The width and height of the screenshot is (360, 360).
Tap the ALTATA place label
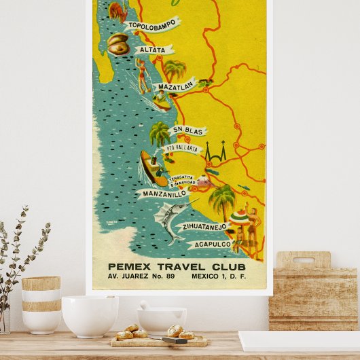154,50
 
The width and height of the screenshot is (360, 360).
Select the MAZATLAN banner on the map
175,87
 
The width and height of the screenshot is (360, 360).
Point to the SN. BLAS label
187,130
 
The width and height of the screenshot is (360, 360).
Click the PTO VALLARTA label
181,148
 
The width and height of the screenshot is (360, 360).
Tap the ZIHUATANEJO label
202,227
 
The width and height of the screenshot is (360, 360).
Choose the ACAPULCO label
213,244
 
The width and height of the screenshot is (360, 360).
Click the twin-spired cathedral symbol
216,153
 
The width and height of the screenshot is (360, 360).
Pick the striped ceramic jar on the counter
41,304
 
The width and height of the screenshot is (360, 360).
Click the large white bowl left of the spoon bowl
90,315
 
